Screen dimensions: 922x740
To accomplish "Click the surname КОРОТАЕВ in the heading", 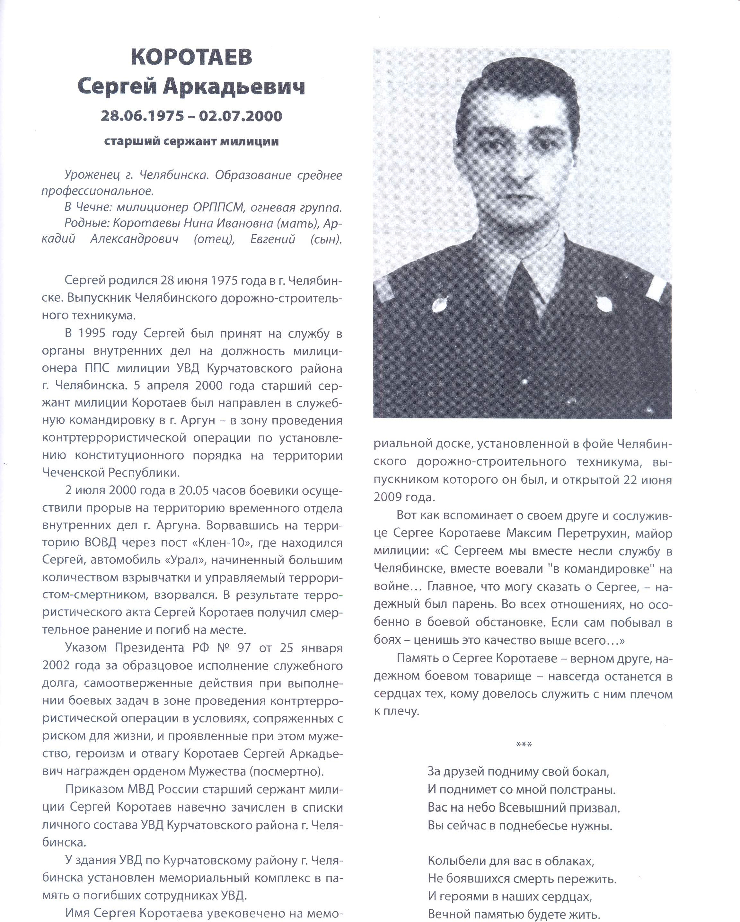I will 191,57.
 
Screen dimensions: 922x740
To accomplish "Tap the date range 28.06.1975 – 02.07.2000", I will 191,116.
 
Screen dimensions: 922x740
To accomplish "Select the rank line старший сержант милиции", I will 191,141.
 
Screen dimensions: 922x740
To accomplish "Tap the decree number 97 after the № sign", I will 244,648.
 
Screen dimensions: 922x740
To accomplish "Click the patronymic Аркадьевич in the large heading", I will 234,87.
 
